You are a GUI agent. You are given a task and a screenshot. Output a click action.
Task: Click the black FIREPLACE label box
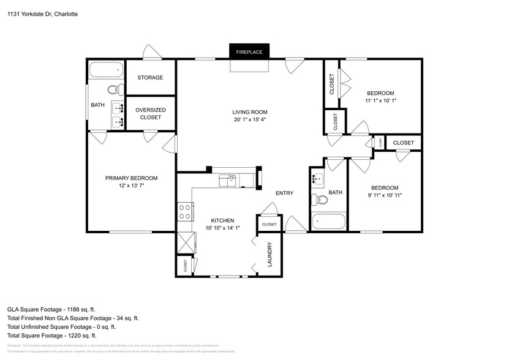point(249,52)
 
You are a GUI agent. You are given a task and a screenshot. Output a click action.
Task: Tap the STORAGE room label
point(150,78)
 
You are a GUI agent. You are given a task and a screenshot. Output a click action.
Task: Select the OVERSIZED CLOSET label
point(150,113)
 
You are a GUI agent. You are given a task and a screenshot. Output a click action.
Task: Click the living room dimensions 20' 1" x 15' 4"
point(250,120)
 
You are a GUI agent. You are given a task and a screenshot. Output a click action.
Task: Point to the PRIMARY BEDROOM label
point(131,178)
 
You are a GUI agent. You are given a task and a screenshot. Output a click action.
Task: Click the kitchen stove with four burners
point(184,212)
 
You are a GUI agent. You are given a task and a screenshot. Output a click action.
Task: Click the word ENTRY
point(284,193)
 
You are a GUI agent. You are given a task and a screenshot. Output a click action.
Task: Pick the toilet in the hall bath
point(317,200)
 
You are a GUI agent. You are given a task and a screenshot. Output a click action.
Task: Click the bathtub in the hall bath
point(328,221)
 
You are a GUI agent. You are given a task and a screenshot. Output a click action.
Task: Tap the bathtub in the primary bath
point(105,70)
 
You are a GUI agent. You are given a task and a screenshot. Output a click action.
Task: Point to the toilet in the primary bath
point(115,90)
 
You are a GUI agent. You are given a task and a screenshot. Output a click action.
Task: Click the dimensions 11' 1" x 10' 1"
point(380,100)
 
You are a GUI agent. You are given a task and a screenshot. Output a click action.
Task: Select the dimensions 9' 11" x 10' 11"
point(385,195)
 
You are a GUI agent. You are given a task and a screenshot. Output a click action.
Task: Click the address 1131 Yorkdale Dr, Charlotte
point(42,13)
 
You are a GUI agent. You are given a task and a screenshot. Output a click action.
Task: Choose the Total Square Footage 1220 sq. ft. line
point(51,336)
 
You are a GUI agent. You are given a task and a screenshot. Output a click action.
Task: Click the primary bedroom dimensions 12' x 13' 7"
point(131,186)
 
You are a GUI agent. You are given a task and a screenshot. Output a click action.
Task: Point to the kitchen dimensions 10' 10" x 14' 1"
point(223,228)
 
